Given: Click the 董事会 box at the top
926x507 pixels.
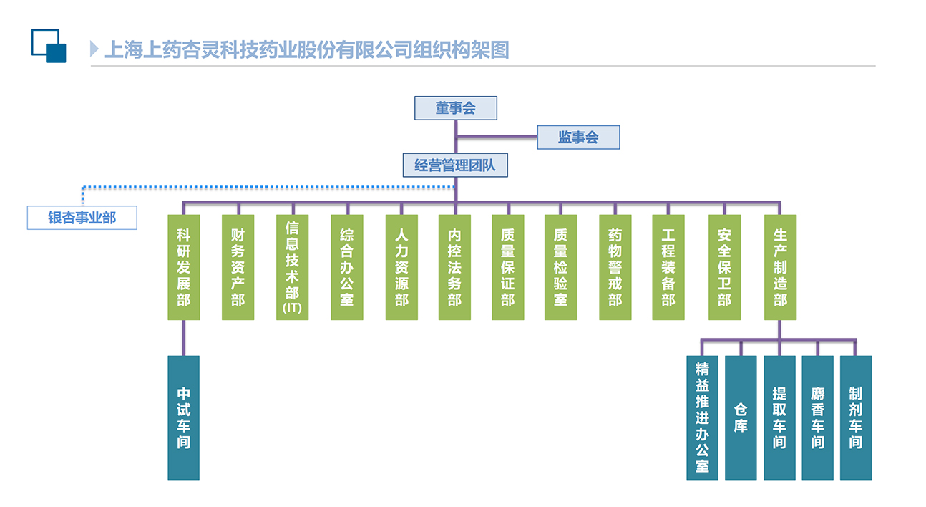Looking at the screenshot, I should pyautogui.click(x=455, y=108).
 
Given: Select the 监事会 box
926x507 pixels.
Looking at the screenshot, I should pyautogui.click(x=578, y=137).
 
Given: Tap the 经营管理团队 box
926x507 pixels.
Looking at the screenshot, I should pyautogui.click(x=455, y=165).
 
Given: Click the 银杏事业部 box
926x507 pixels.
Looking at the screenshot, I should pyautogui.click(x=82, y=218).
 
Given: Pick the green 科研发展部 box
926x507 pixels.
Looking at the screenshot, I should pyautogui.click(x=183, y=267).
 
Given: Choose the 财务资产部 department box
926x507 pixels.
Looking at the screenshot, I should pyautogui.click(x=238, y=267).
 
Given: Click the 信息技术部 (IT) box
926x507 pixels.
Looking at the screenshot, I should pyautogui.click(x=292, y=267).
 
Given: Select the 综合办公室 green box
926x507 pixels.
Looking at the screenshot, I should pyautogui.click(x=346, y=267).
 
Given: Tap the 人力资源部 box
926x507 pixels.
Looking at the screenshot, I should pyautogui.click(x=401, y=267).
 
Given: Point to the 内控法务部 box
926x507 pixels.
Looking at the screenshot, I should pyautogui.click(x=454, y=267).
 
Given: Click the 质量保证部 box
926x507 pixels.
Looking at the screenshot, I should pyautogui.click(x=507, y=267).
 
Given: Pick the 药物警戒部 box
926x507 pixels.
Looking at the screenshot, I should pyautogui.click(x=615, y=267).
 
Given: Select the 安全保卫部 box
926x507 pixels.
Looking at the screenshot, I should pyautogui.click(x=724, y=267).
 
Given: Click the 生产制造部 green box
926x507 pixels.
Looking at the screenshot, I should pyautogui.click(x=780, y=267).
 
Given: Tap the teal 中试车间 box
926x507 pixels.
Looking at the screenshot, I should pyautogui.click(x=183, y=417).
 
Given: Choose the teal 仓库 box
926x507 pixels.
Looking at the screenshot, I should pyautogui.click(x=741, y=417).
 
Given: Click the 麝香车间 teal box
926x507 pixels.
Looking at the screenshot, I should pyautogui.click(x=817, y=417).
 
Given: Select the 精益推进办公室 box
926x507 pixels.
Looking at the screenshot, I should pyautogui.click(x=702, y=417).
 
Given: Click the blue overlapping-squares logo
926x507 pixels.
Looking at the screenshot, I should pyautogui.click(x=49, y=45).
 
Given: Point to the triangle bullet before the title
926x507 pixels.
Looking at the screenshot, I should pyautogui.click(x=94, y=49).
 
